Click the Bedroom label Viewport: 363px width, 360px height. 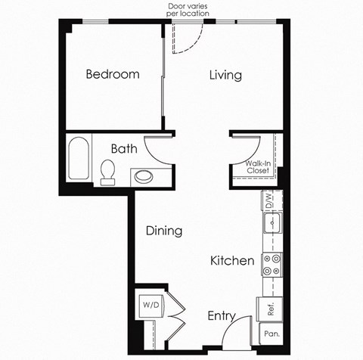pyautogui.click(x=113, y=74)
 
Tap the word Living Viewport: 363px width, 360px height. pyautogui.click(x=225, y=75)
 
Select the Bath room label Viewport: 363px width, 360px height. pyautogui.click(x=124, y=148)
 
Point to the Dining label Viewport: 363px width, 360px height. pyautogui.click(x=164, y=231)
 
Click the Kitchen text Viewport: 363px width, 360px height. pyautogui.click(x=232, y=260)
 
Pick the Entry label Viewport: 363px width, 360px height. pyautogui.click(x=221, y=316)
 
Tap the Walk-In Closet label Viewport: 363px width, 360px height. pyautogui.click(x=258, y=166)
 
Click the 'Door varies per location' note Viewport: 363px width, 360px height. pyautogui.click(x=192, y=11)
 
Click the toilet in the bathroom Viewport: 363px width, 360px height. pyautogui.click(x=107, y=172)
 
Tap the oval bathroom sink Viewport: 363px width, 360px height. pyautogui.click(x=142, y=178)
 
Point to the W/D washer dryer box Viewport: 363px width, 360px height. pyautogui.click(x=150, y=306)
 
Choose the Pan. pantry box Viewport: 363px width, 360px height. pyautogui.click(x=270, y=333)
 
